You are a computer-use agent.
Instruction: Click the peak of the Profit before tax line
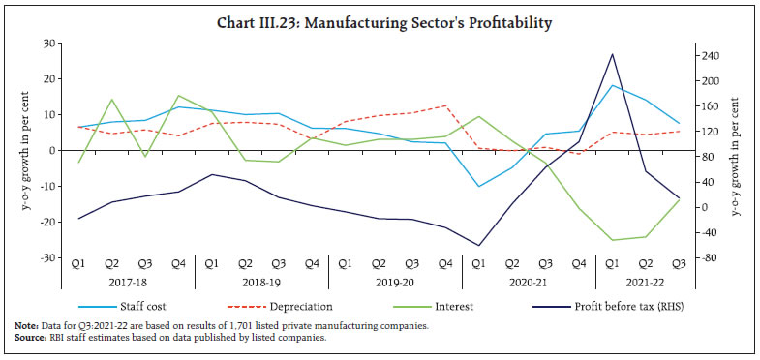click(612, 54)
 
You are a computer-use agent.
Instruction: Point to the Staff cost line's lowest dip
click(478, 186)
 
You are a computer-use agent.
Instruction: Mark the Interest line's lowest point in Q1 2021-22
click(612, 240)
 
